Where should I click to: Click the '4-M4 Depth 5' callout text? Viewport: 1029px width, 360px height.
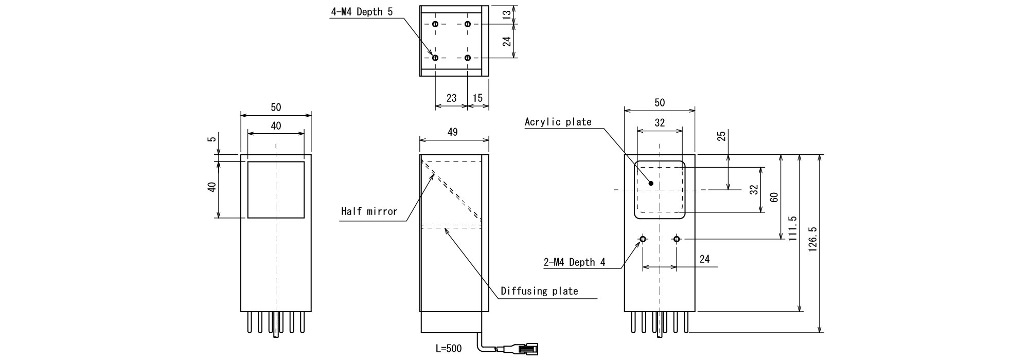(x=362, y=12)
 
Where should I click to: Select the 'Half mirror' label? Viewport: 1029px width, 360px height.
(x=369, y=211)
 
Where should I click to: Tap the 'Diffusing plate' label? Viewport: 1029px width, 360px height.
(x=539, y=291)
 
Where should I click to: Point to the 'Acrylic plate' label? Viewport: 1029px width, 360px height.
(x=558, y=122)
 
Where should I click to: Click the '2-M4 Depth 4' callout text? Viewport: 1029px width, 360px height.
(x=574, y=262)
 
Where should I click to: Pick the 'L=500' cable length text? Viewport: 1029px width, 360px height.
(x=449, y=349)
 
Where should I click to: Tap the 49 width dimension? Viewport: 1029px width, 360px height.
(x=452, y=132)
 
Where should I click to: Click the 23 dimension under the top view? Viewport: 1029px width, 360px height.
(x=451, y=98)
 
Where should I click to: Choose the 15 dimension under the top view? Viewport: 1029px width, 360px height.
(x=477, y=98)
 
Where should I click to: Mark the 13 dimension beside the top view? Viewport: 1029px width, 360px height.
(x=507, y=15)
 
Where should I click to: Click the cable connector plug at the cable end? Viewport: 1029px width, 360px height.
(x=528, y=349)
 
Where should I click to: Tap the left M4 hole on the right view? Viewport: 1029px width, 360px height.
(x=643, y=239)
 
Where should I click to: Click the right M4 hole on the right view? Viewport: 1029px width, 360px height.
(x=677, y=239)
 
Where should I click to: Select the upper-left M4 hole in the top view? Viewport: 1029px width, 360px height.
(x=435, y=24)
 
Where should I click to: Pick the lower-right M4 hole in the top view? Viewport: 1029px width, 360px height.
(x=467, y=58)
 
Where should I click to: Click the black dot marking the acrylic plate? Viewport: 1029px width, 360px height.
(x=651, y=183)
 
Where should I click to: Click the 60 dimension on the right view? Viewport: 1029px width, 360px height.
(x=774, y=196)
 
